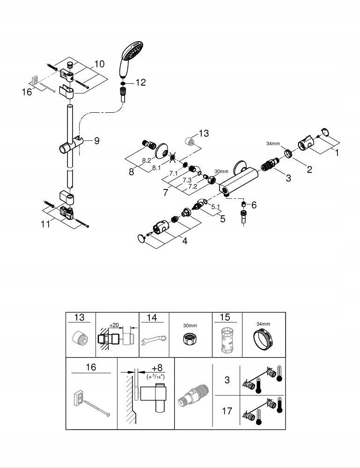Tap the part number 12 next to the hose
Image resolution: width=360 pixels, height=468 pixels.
click(x=140, y=82)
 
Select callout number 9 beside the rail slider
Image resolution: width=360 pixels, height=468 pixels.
click(x=97, y=140)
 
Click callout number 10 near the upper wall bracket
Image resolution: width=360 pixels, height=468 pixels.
click(x=99, y=64)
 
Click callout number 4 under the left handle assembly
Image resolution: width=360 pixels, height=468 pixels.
click(x=184, y=241)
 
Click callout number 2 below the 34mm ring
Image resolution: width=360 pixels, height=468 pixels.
click(x=309, y=169)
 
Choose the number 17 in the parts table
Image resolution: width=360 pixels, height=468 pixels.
click(x=227, y=411)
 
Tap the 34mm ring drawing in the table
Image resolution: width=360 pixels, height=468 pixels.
click(x=263, y=339)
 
